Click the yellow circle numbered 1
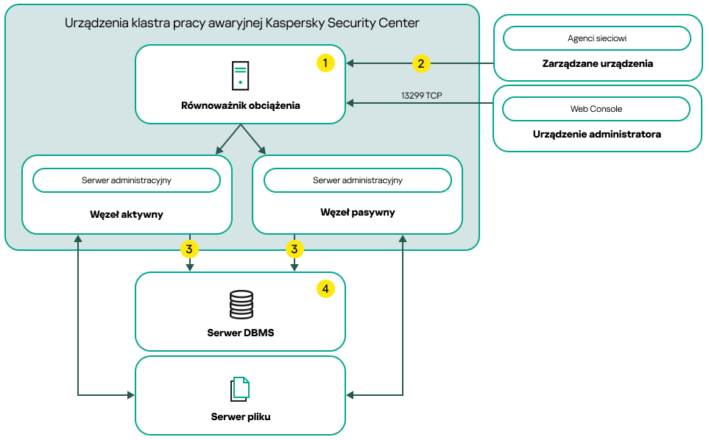(x=325, y=63)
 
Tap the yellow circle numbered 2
(x=420, y=63)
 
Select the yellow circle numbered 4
(x=325, y=289)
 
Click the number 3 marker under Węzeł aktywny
(x=189, y=249)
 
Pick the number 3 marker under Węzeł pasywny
(x=294, y=249)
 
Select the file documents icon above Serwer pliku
(x=240, y=389)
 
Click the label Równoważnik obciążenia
(x=240, y=105)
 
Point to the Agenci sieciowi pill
(x=596, y=38)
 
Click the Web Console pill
(x=596, y=109)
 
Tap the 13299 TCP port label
(x=421, y=96)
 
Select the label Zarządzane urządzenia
(x=596, y=64)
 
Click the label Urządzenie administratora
(x=596, y=135)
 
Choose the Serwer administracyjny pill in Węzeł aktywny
(x=127, y=180)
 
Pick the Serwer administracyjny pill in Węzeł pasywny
(x=357, y=180)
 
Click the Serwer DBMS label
(x=240, y=333)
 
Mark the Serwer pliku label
(x=240, y=417)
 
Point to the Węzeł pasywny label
(x=357, y=213)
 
